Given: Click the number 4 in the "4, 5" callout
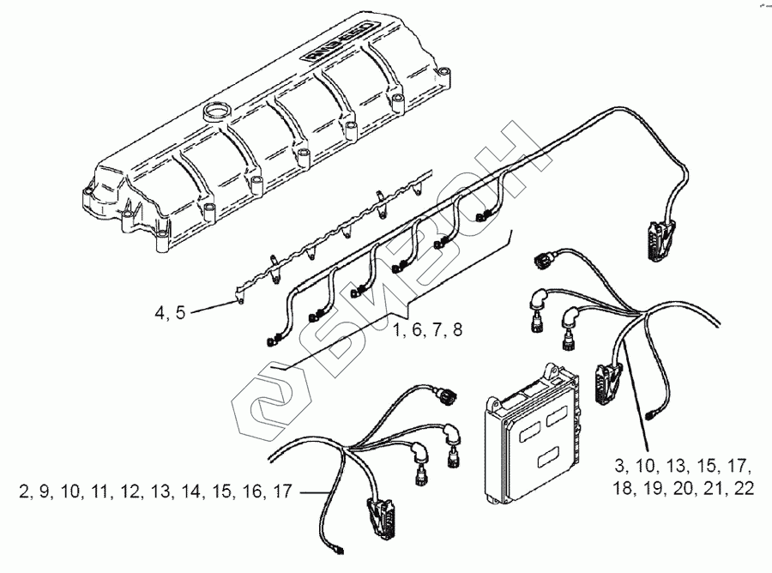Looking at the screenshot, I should coord(160,313).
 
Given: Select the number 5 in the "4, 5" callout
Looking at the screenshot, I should coord(180,313).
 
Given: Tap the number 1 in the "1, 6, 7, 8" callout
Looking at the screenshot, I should coord(398,330).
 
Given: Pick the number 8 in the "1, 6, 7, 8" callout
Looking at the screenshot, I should coord(457,330).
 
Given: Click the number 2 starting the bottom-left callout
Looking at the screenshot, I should coord(21,492).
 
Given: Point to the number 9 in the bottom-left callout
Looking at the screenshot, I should coord(42,492).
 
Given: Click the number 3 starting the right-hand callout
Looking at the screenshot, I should coord(619,467).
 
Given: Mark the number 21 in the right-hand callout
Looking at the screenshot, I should coord(710,489).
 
